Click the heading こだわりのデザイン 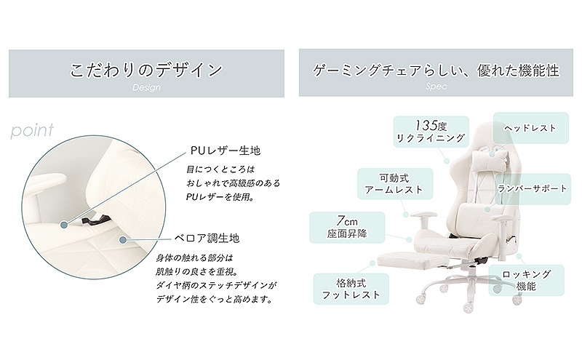[146, 70]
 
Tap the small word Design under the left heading [147, 87]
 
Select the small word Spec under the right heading [436, 87]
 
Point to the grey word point [32, 131]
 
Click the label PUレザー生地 [226, 151]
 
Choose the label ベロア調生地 [207, 238]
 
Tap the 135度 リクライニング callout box [431, 132]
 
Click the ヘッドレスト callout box [531, 128]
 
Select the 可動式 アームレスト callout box [395, 184]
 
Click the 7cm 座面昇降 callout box [347, 227]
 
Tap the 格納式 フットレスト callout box [351, 289]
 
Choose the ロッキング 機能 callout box [526, 280]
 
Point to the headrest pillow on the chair [489, 161]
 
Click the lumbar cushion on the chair [482, 214]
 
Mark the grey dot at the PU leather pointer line [64, 225]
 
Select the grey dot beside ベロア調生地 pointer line [123, 240]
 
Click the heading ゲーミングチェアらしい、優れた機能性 [436, 70]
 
